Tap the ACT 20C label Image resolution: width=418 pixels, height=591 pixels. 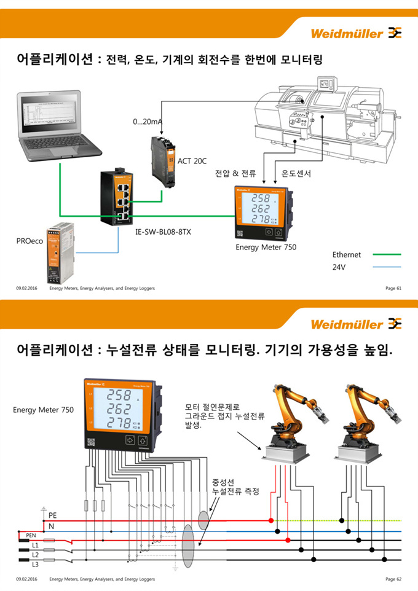point(192,161)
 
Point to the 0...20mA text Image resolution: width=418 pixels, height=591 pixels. point(147,122)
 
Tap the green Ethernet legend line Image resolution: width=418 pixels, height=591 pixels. point(382,254)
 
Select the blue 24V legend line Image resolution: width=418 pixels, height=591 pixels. point(382,267)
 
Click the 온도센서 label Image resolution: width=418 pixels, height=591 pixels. point(296,174)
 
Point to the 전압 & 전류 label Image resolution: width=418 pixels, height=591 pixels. point(235,174)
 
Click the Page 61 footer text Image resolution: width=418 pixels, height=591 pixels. point(393,288)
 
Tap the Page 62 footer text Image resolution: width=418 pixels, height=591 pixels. point(393,579)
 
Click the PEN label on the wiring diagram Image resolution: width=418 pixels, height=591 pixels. point(31,536)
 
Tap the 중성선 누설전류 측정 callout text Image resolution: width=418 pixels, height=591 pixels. point(235,487)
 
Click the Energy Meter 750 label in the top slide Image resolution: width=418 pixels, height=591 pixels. point(266,247)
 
